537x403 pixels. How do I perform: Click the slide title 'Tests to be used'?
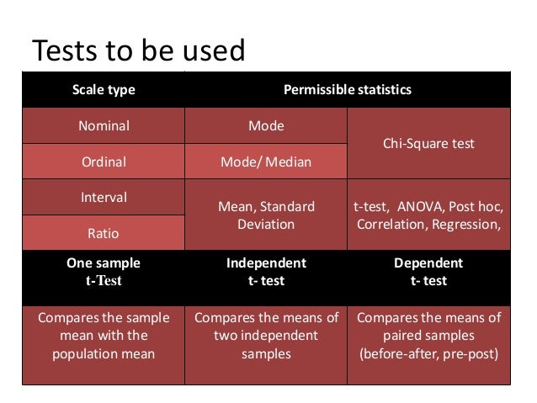pyautogui.click(x=138, y=51)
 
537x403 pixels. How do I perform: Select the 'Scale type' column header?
pyautogui.click(x=103, y=89)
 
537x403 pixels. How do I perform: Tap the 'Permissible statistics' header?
pyautogui.click(x=347, y=89)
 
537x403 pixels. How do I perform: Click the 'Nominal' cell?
pyautogui.click(x=103, y=126)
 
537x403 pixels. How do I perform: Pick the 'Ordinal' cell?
pyautogui.click(x=103, y=162)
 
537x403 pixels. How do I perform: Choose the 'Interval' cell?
pyautogui.click(x=103, y=198)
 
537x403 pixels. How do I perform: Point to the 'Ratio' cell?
pyautogui.click(x=103, y=233)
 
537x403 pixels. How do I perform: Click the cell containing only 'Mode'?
pyautogui.click(x=265, y=126)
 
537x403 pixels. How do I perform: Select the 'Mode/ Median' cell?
pyautogui.click(x=265, y=162)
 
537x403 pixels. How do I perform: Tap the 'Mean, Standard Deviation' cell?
pyautogui.click(x=265, y=215)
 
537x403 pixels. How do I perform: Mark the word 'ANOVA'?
pyautogui.click(x=417, y=206)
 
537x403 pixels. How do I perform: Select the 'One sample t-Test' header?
pyautogui.click(x=103, y=272)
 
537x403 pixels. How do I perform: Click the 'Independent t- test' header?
pyautogui.click(x=265, y=272)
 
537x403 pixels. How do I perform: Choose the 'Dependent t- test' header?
pyautogui.click(x=428, y=272)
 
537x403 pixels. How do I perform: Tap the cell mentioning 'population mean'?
pyautogui.click(x=103, y=336)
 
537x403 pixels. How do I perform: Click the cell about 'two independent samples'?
pyautogui.click(x=265, y=336)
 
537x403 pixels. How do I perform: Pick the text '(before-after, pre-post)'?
pyautogui.click(x=428, y=353)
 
